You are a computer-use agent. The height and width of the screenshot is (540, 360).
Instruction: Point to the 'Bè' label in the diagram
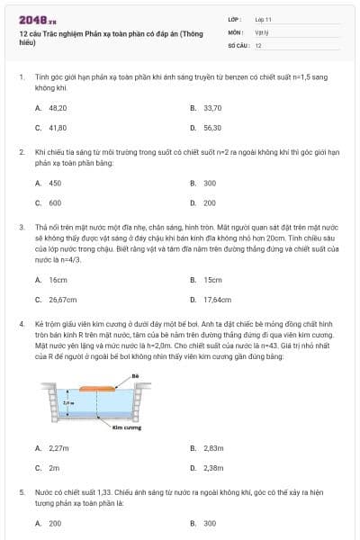click(135, 375)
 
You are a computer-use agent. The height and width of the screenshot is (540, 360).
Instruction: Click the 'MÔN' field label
click(236, 31)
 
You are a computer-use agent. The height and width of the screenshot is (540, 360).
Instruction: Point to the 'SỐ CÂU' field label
click(238, 45)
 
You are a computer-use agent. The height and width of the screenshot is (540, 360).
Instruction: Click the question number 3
click(21, 227)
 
